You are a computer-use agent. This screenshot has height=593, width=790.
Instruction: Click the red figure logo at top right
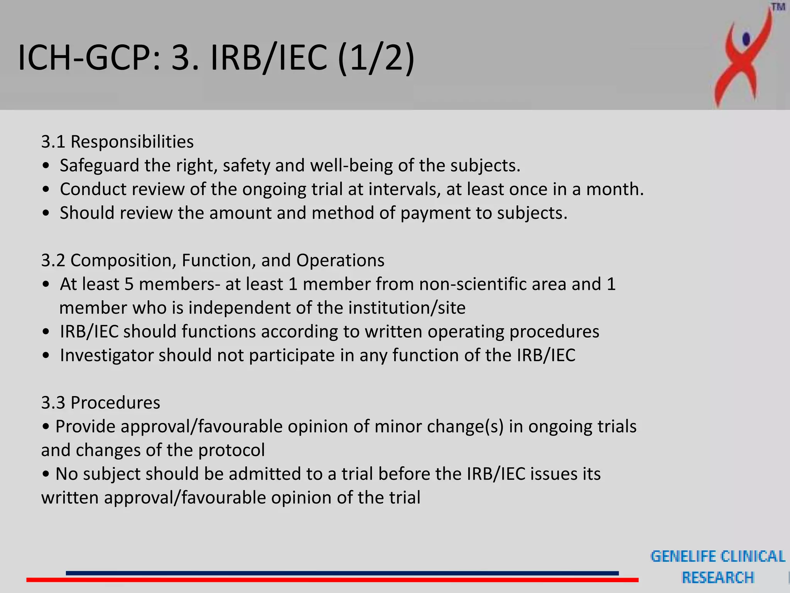click(x=743, y=58)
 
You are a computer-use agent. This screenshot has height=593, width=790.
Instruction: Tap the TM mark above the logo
click(x=778, y=7)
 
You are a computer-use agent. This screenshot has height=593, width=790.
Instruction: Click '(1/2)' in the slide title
click(x=376, y=58)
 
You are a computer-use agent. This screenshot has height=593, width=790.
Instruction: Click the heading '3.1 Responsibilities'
click(x=117, y=142)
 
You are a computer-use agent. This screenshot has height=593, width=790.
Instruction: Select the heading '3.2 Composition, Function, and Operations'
click(x=213, y=260)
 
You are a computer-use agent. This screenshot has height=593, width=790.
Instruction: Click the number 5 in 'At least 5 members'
click(x=129, y=284)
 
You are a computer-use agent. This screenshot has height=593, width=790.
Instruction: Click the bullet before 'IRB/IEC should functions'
click(x=46, y=332)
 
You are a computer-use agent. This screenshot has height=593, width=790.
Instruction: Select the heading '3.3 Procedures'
click(x=100, y=403)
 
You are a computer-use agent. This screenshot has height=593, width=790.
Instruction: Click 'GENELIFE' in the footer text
click(x=683, y=556)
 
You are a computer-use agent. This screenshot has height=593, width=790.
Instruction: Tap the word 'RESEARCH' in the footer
click(x=718, y=578)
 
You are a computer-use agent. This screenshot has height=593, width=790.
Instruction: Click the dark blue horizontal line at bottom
click(x=342, y=573)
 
